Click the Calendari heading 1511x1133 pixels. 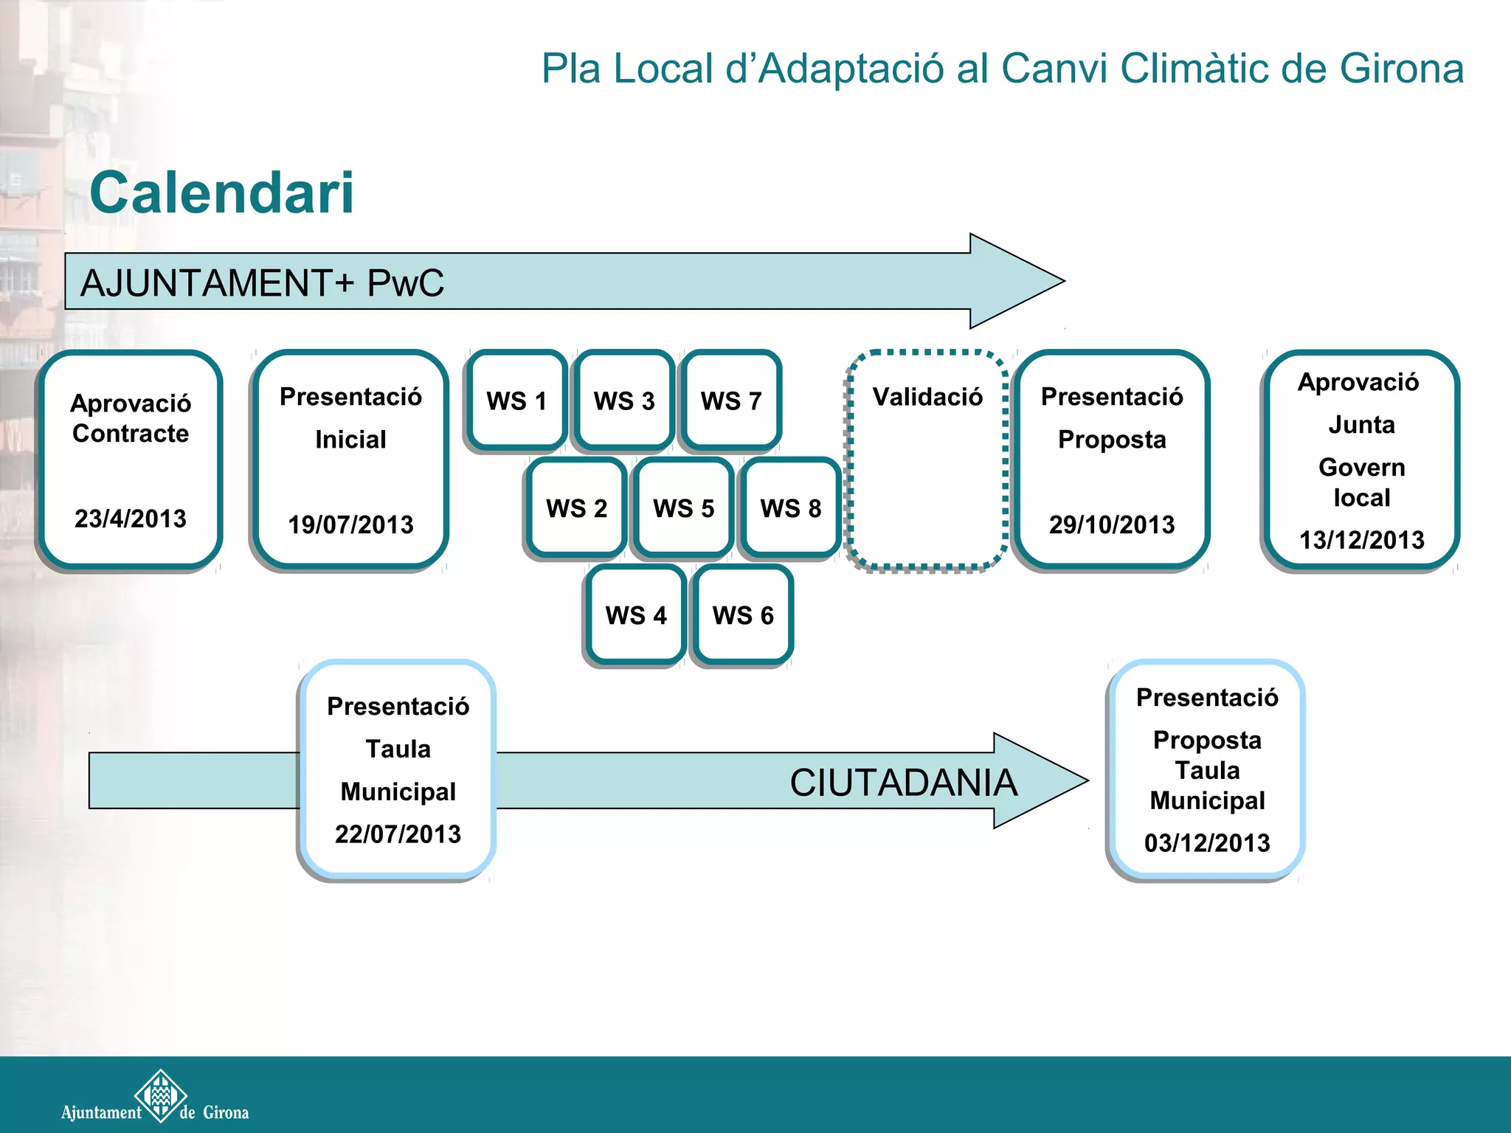pyautogui.click(x=221, y=193)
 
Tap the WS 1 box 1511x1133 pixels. pyautogui.click(x=516, y=401)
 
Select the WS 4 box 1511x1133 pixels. pyautogui.click(x=636, y=615)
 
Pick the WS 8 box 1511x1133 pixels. pyautogui.click(x=791, y=508)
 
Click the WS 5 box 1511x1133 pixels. pyautogui.click(x=684, y=508)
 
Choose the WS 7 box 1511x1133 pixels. pyautogui.click(x=731, y=401)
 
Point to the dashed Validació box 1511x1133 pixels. pyautogui.click(x=927, y=461)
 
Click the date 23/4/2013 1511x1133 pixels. pyautogui.click(x=131, y=519)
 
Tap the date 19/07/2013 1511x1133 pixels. pyautogui.click(x=350, y=524)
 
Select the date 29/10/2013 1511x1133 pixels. pyautogui.click(x=1112, y=524)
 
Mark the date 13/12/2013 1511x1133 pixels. pyautogui.click(x=1361, y=540)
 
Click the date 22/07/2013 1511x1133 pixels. pyautogui.click(x=398, y=834)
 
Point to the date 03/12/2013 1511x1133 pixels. pyautogui.click(x=1207, y=843)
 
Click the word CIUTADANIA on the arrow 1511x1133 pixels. pyautogui.click(x=903, y=783)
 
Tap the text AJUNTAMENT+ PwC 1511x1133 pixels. pyautogui.click(x=262, y=283)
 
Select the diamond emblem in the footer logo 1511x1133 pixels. pyautogui.click(x=161, y=1095)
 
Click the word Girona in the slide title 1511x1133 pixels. pyautogui.click(x=1401, y=69)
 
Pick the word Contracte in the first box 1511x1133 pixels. pyautogui.click(x=131, y=434)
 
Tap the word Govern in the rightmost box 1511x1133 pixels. pyautogui.click(x=1361, y=467)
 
